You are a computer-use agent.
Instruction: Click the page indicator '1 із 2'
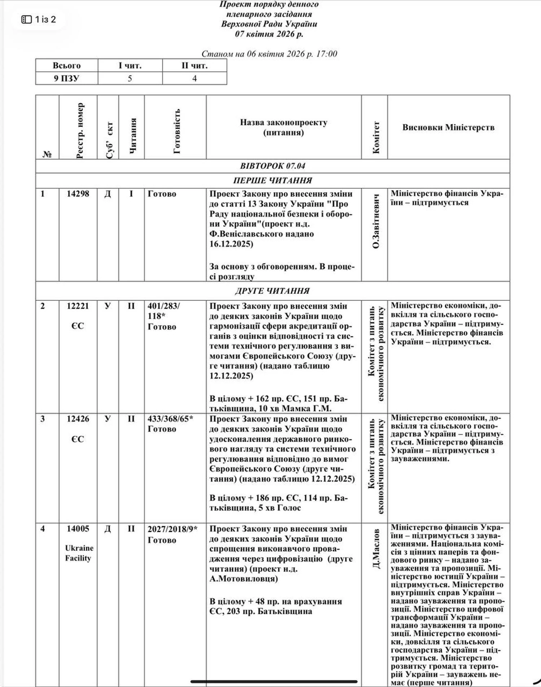pos(39,19)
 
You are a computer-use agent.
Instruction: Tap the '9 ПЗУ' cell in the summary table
pos(66,78)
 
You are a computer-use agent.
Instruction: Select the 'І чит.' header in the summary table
pos(130,66)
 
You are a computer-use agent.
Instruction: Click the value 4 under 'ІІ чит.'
pos(194,78)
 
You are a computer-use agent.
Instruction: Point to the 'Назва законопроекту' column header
pos(283,127)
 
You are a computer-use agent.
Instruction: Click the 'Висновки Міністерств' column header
pos(448,127)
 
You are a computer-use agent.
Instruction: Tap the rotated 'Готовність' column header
pos(176,131)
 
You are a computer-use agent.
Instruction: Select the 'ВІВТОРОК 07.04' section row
pos(272,166)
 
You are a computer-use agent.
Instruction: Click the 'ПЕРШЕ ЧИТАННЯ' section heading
pos(272,180)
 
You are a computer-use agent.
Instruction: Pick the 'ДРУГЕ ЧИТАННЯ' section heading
pos(272,291)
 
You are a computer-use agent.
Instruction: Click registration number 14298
pos(78,194)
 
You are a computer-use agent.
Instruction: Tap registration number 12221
pos(78,306)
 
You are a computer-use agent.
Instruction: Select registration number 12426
pos(78,419)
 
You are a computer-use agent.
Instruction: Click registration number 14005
pos(78,529)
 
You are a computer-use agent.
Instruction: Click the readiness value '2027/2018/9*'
pos(172,529)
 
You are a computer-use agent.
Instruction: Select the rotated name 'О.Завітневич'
pos(375,221)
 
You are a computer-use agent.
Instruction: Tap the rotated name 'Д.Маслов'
pos(375,548)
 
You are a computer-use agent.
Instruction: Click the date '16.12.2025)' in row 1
pos(231,244)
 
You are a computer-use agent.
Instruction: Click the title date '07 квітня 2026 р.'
pos(269,34)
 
